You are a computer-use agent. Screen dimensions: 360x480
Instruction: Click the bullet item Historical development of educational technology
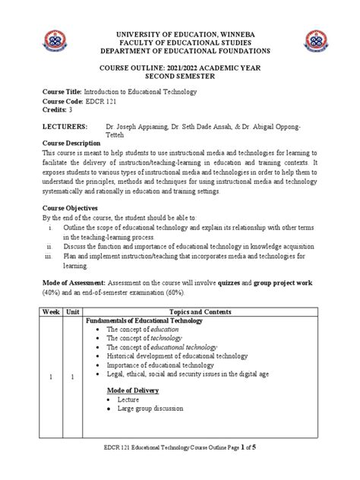pyautogui.click(x=177, y=355)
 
